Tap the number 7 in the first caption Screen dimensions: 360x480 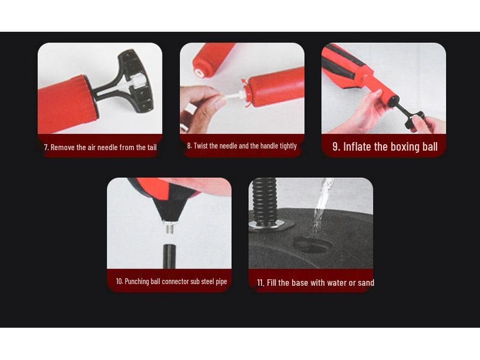click(46, 147)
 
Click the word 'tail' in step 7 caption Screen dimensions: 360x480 click(152, 147)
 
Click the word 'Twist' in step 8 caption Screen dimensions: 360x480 click(201, 146)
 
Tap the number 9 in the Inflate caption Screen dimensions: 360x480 click(335, 146)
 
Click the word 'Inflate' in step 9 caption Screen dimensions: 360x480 click(357, 146)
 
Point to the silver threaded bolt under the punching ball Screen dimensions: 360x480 click(169, 227)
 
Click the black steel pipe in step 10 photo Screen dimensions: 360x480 click(170, 256)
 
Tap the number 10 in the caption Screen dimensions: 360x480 click(119, 281)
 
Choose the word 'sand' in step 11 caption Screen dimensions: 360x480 click(365, 283)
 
